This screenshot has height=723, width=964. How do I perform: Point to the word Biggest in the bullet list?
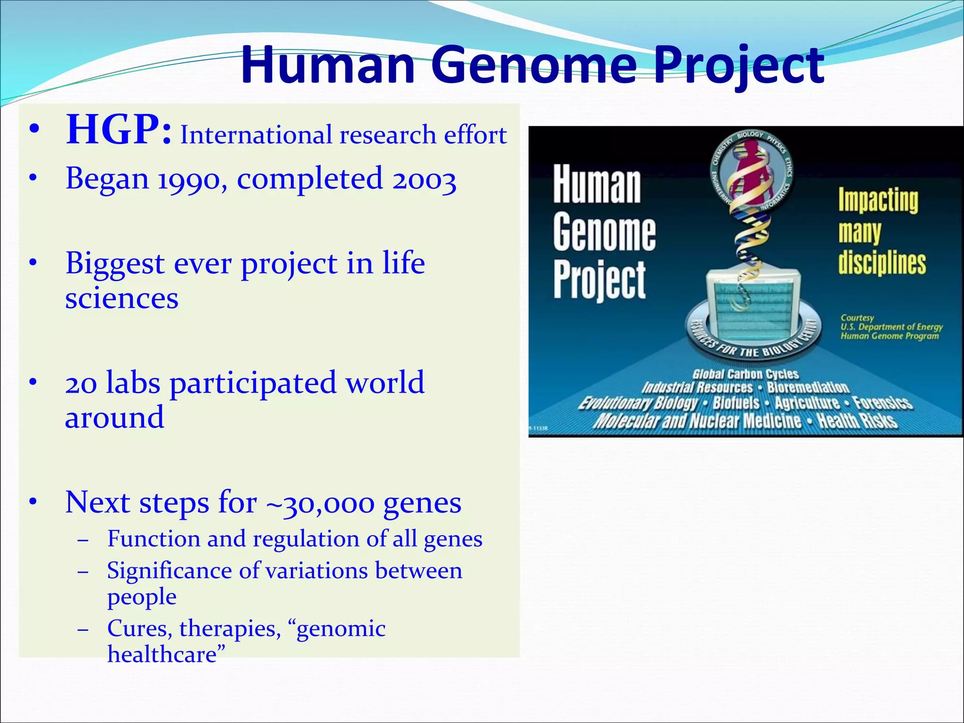(x=115, y=264)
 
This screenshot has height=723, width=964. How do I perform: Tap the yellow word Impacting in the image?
(x=878, y=201)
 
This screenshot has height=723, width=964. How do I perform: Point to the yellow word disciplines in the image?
(x=882, y=263)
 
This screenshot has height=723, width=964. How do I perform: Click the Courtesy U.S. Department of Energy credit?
(x=891, y=327)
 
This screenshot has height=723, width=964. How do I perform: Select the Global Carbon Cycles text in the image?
(x=745, y=374)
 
